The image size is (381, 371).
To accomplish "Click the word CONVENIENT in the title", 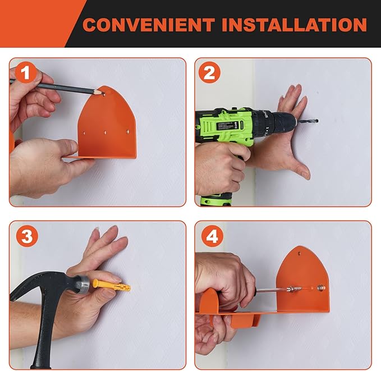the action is pyautogui.click(x=149, y=25).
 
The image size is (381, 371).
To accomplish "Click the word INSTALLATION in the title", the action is pyautogui.click(x=294, y=25).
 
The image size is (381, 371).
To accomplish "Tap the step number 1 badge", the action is pyautogui.click(x=26, y=72).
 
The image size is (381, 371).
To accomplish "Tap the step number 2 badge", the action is pyautogui.click(x=209, y=72).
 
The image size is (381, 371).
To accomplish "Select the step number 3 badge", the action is pyautogui.click(x=27, y=236).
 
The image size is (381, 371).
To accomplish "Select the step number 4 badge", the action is pyautogui.click(x=212, y=236).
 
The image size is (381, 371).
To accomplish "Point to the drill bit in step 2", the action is pyautogui.click(x=307, y=121).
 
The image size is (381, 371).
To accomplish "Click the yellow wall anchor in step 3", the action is pyautogui.click(x=112, y=285).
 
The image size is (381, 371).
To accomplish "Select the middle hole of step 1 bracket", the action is pyautogui.click(x=105, y=133).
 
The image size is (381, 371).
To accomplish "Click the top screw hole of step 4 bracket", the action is pyautogui.click(x=300, y=254).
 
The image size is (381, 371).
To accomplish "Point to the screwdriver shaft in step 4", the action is pyautogui.click(x=272, y=290).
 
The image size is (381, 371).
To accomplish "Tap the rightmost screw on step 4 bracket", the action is pyautogui.click(x=320, y=288).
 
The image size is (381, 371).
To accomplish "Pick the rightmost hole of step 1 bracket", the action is pyautogui.click(x=127, y=132).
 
